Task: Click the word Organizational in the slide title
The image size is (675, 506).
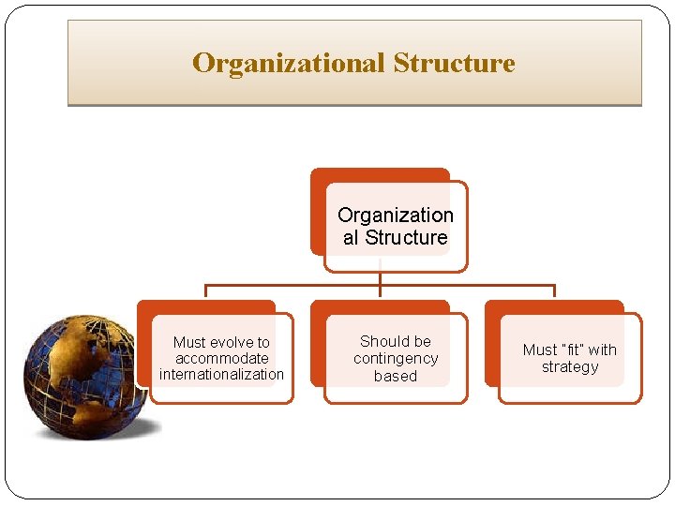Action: [289, 64]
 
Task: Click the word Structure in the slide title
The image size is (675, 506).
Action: [454, 64]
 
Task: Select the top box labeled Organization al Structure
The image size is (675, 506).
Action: [395, 226]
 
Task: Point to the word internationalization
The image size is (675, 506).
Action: [221, 374]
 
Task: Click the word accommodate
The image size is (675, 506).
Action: [221, 358]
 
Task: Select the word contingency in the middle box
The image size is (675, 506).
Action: [396, 358]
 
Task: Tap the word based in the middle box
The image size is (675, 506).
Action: [396, 376]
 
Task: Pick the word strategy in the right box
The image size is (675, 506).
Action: [569, 366]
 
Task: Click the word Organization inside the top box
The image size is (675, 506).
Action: [395, 215]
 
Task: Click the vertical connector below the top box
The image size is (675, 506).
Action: [380, 279]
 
